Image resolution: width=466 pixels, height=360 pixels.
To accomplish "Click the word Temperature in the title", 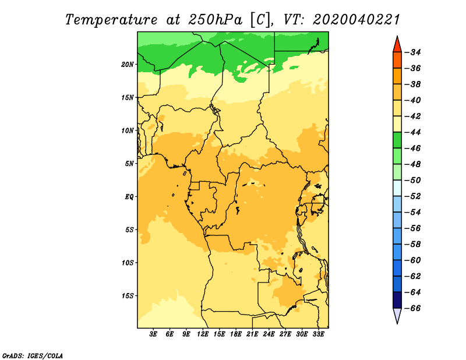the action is pos(111,20).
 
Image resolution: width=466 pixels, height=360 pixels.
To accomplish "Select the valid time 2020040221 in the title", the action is pos(356,20).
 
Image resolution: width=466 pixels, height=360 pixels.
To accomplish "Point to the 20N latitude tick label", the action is pos(128,65).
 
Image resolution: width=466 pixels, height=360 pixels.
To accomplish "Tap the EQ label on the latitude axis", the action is pos(129,197).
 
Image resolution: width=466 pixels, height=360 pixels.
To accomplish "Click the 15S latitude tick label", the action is pos(128,296).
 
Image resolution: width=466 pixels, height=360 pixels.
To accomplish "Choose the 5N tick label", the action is pos(129,164).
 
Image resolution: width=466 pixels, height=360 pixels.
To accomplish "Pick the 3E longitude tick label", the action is pos(153,334).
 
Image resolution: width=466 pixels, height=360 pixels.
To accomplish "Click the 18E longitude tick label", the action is pos(236,334).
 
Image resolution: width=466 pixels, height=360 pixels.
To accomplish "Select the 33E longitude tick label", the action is pos(318,334).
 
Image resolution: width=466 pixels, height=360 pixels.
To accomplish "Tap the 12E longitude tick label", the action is pos(203,334).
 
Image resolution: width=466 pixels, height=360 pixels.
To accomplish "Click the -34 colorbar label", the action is pos(412,52).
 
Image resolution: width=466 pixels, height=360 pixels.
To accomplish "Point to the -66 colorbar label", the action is pos(412,308).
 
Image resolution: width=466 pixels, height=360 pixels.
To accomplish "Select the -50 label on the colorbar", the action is pos(412,180).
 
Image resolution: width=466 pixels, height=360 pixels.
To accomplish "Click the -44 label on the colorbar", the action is pos(412,132).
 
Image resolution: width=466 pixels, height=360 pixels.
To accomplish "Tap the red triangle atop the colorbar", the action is pos(397,45).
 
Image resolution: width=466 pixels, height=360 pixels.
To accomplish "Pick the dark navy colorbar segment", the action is pos(397,300).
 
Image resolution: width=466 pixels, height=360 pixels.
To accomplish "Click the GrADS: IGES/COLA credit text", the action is pos(33,355).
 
